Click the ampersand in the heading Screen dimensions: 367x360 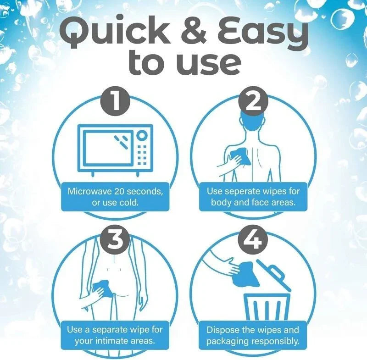[193, 31]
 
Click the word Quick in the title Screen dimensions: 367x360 [114, 32]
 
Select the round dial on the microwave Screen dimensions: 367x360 [142, 135]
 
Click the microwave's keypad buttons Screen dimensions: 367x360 [142, 155]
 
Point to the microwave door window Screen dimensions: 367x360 [108, 148]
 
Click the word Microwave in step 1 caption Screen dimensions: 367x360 [89, 191]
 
